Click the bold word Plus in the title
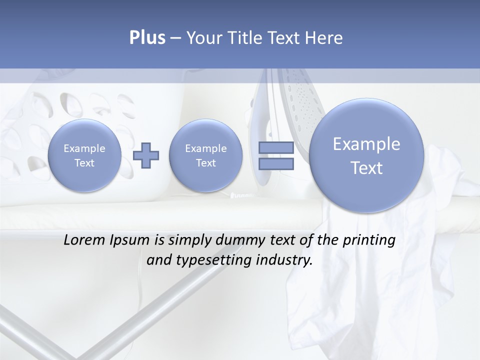(147, 38)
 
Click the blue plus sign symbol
(146, 155)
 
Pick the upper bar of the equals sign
(275, 147)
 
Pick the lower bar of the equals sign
(275, 164)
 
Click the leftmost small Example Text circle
(84, 155)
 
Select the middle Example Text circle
(205, 155)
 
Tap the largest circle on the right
(366, 155)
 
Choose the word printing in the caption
(369, 240)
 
